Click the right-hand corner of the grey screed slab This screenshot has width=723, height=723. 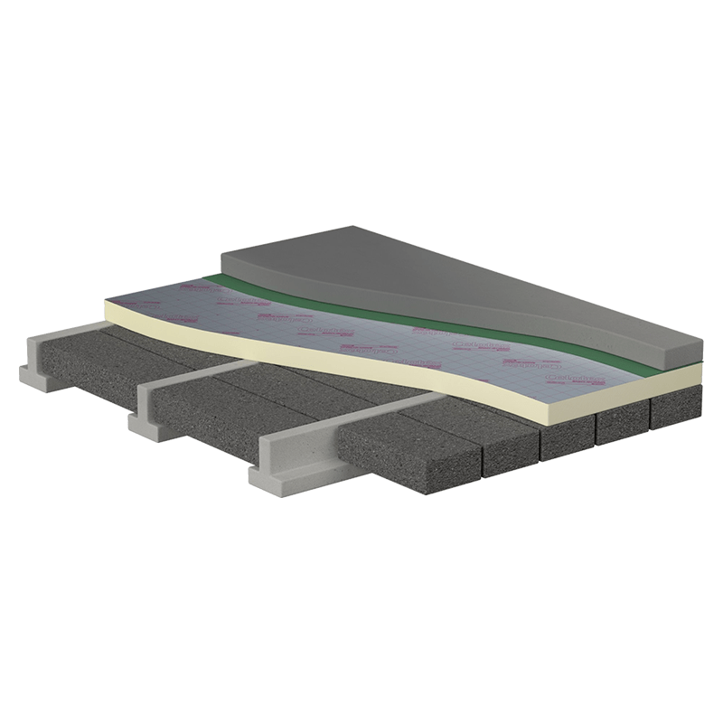pyautogui.click(x=700, y=349)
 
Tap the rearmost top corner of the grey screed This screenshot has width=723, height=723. pyautogui.click(x=350, y=228)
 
